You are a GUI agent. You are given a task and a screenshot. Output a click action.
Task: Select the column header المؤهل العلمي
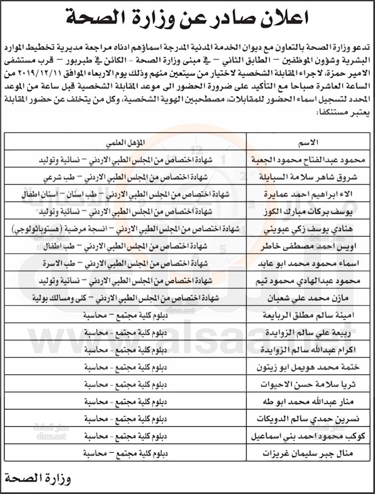pyautogui.click(x=125, y=143)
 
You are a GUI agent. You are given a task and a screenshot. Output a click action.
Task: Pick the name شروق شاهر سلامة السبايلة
pyautogui.click(x=310, y=177)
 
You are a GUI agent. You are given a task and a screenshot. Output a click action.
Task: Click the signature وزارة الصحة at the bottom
pyautogui.click(x=37, y=479)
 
